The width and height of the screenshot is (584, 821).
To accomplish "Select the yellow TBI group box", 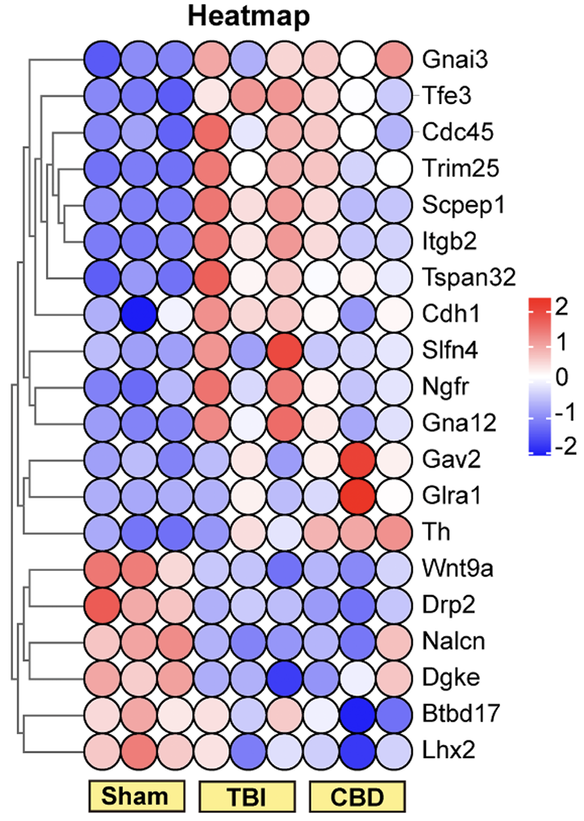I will tap(244, 796).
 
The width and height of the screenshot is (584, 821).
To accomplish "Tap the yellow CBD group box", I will tap(357, 796).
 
